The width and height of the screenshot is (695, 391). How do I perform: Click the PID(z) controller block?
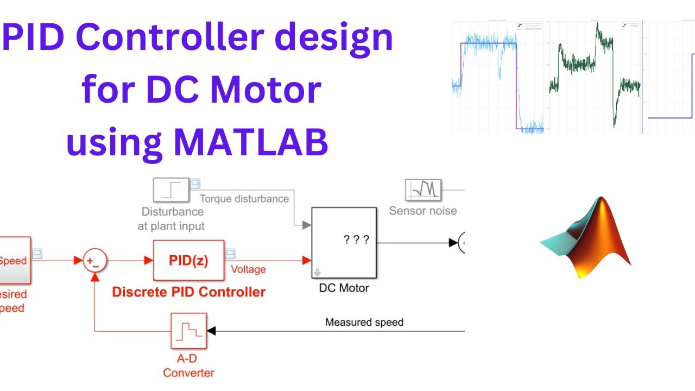click(188, 261)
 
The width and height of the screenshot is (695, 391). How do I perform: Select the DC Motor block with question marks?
click(343, 242)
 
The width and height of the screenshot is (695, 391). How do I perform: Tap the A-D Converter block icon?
click(188, 330)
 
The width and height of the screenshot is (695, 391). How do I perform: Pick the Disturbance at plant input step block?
click(171, 191)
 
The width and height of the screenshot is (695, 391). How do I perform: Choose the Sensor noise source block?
click(423, 190)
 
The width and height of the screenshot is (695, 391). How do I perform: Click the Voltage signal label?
click(248, 269)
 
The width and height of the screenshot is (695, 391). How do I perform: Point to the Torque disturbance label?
click(244, 199)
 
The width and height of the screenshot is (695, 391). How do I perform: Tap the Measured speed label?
click(364, 322)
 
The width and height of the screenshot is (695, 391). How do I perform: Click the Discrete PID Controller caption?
click(188, 292)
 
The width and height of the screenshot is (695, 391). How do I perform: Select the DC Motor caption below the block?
click(344, 288)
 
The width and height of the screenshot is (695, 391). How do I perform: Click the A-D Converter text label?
click(188, 367)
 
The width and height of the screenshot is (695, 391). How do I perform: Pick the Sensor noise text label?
click(423, 211)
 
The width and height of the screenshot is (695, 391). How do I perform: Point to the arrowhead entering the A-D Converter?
click(211, 330)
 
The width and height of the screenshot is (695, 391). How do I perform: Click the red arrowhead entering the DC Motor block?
click(306, 261)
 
